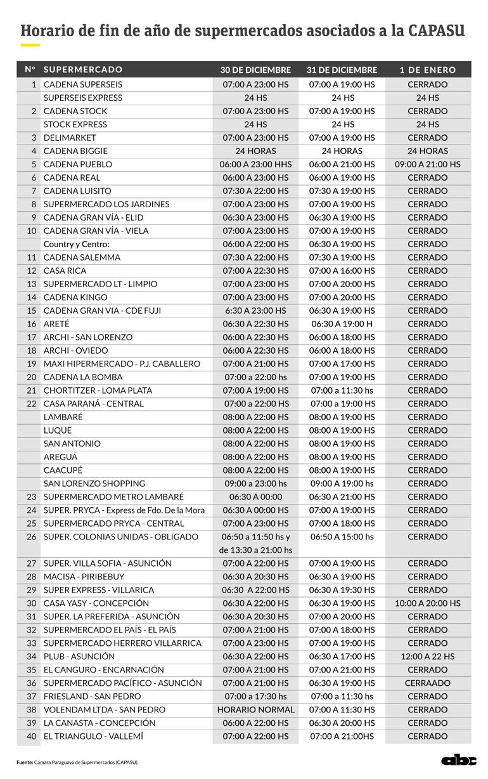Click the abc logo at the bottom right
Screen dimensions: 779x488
[459, 761]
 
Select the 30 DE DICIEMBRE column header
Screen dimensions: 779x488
[255, 70]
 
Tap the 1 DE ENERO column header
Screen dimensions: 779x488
[428, 70]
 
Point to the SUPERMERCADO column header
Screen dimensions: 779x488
[83, 70]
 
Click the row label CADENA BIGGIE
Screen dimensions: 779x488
[75, 151]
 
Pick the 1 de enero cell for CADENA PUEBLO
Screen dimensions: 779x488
[428, 164]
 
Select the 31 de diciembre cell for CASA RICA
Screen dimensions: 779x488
[342, 271]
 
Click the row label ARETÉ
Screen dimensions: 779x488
[57, 324]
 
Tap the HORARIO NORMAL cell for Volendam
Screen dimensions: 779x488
[255, 710]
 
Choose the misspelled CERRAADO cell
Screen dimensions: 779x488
[428, 683]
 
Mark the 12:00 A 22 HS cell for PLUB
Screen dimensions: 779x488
[428, 657]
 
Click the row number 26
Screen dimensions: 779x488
[32, 537]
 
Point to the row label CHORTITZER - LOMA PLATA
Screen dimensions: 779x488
[93, 390]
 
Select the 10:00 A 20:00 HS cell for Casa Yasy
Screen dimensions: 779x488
[428, 603]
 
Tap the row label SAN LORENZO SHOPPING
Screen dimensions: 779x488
[94, 484]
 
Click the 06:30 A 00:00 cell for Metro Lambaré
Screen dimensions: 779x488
[255, 497]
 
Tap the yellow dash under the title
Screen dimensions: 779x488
[30, 46]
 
